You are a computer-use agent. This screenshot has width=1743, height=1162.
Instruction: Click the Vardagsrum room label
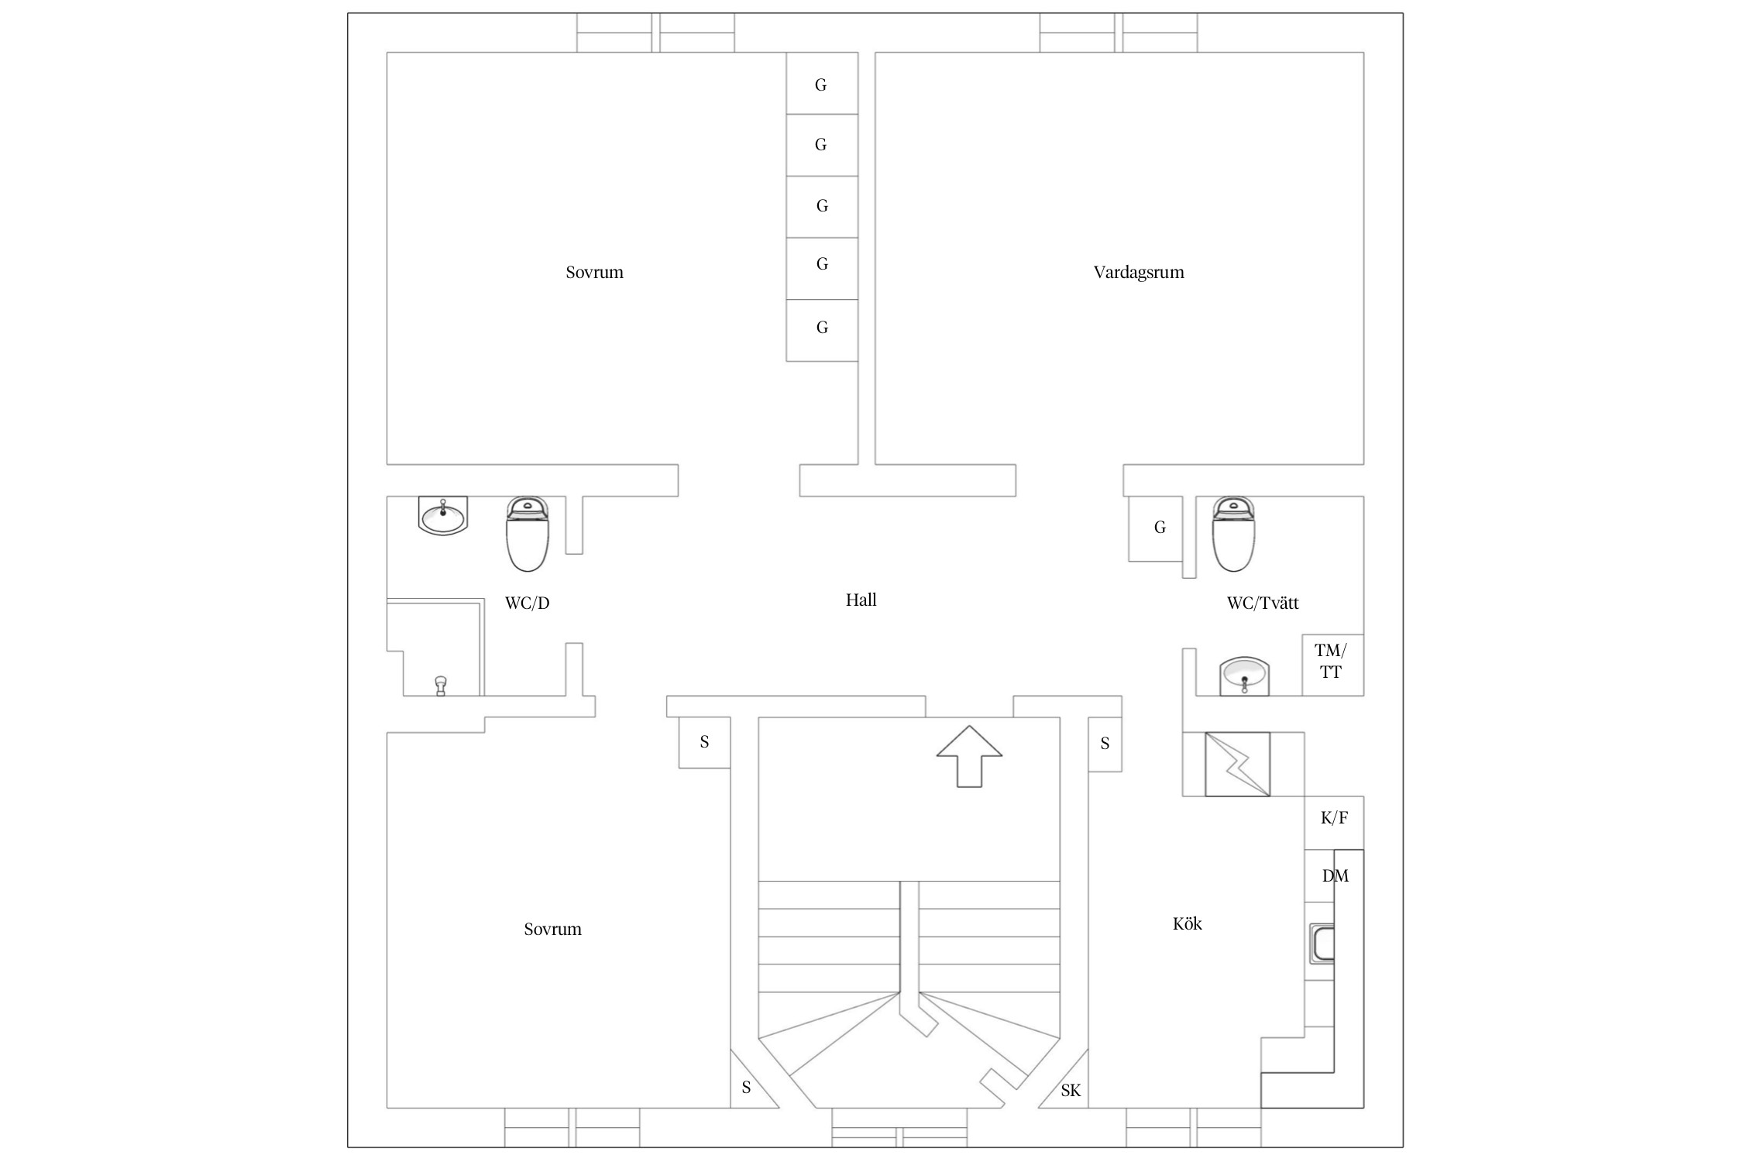(1138, 272)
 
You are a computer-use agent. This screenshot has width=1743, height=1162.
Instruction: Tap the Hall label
(861, 600)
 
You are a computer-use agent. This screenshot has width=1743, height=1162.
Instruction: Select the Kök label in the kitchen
(1187, 923)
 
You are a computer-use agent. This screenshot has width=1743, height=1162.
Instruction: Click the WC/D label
(527, 603)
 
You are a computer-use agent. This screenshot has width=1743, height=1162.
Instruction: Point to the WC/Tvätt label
(1262, 603)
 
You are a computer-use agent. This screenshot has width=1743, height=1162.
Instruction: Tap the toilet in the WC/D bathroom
(528, 535)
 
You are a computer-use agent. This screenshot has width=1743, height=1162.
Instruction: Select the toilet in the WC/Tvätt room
(1233, 535)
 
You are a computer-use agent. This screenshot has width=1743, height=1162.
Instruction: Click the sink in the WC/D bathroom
(443, 515)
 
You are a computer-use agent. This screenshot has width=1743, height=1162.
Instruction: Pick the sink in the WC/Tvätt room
(1244, 676)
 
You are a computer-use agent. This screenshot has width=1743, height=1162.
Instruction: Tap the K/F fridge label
(1334, 817)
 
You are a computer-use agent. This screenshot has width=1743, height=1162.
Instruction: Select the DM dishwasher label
(1335, 875)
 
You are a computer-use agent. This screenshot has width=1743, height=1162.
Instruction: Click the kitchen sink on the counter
(1322, 944)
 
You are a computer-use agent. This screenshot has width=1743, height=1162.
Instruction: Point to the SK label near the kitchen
(1071, 1091)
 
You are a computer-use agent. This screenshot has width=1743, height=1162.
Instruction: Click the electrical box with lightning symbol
(1237, 764)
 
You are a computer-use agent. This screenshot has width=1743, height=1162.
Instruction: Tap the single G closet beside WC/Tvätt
(1159, 528)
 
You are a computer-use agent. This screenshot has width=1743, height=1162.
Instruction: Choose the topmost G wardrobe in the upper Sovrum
(821, 84)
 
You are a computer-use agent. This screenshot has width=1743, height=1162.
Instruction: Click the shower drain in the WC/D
(441, 685)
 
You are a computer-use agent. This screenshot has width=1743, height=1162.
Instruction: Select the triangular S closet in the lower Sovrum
(747, 1088)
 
